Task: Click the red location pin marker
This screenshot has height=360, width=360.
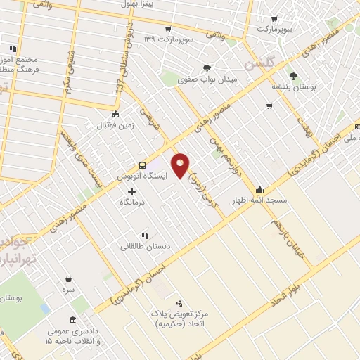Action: pyautogui.click(x=181, y=165)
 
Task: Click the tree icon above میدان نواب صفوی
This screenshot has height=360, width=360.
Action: pyautogui.click(x=206, y=68)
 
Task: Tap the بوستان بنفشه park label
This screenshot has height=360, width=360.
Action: pyautogui.click(x=293, y=86)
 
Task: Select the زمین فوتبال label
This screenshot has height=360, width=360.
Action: pyautogui.click(x=115, y=126)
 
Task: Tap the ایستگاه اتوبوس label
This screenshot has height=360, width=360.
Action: pyautogui.click(x=143, y=176)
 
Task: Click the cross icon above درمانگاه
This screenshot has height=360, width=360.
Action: pyautogui.click(x=131, y=191)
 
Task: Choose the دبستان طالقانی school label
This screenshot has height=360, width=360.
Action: pyautogui.click(x=146, y=246)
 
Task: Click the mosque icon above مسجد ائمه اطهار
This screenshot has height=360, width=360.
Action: pyautogui.click(x=259, y=189)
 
